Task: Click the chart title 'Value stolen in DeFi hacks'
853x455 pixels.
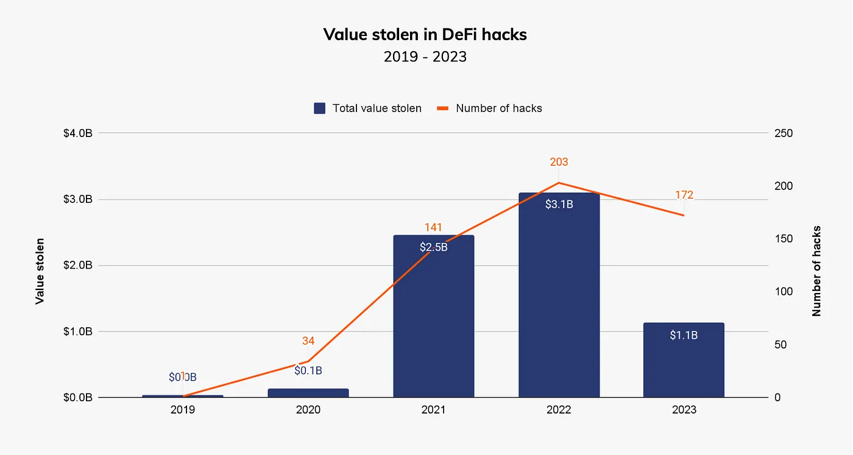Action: click(x=425, y=35)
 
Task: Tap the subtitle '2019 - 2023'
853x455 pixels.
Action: click(x=425, y=57)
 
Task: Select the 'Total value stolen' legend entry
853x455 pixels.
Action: click(x=368, y=108)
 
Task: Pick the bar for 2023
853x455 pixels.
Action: click(x=684, y=365)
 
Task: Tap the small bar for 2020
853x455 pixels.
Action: click(x=308, y=393)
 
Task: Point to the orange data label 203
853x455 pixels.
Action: click(x=559, y=162)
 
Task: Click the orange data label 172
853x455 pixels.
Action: click(x=684, y=195)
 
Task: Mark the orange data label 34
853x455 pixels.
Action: click(x=308, y=341)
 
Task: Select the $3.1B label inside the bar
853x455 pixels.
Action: click(x=559, y=205)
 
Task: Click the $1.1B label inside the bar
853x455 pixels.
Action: click(x=684, y=335)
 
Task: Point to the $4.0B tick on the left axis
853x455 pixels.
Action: click(x=78, y=133)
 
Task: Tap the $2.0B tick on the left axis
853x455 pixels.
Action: click(x=78, y=266)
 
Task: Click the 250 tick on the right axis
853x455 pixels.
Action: click(x=784, y=133)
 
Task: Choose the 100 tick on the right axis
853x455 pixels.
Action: click(x=784, y=292)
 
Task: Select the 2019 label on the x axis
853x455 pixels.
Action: click(x=183, y=410)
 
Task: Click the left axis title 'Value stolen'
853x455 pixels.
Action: click(x=40, y=271)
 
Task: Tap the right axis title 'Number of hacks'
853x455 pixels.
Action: click(x=816, y=271)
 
